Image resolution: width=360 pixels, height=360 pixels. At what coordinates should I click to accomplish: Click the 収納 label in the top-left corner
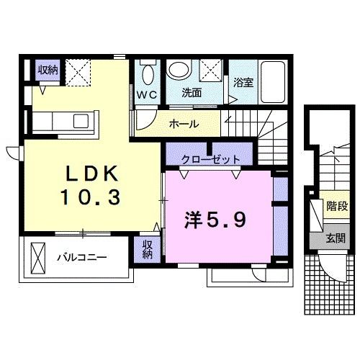click(48, 69)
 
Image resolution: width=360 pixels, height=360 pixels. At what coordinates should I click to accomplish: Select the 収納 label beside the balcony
click(147, 249)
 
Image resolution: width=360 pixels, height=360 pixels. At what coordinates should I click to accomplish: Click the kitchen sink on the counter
click(79, 119)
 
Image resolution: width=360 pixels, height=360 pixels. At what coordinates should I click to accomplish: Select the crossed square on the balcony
click(38, 256)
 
